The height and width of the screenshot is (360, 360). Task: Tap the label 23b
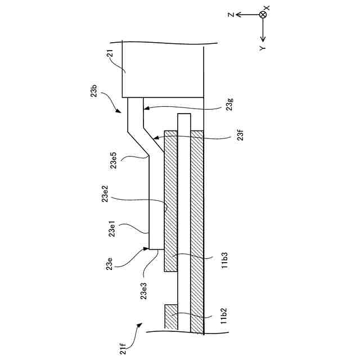[x=94, y=92]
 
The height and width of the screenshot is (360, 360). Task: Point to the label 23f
[x=231, y=136]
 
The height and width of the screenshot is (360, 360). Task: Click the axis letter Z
[x=230, y=15]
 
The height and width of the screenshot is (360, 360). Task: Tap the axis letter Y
[x=263, y=48]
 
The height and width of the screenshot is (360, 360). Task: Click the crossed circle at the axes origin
[x=262, y=15]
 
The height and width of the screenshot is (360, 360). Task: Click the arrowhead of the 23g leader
[x=145, y=106]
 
